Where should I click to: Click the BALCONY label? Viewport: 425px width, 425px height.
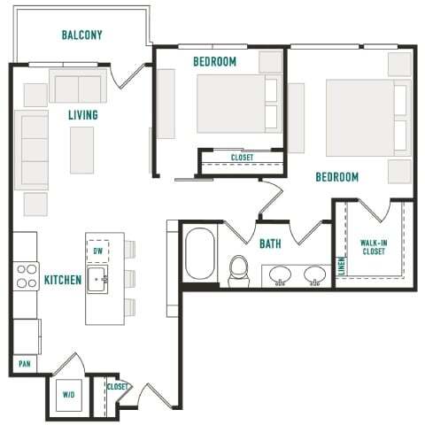pyautogui.click(x=82, y=35)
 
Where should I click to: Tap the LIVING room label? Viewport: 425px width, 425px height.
pyautogui.click(x=83, y=115)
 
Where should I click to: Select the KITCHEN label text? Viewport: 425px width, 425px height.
pyautogui.click(x=63, y=281)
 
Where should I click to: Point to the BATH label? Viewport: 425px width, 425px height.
pyautogui.click(x=271, y=243)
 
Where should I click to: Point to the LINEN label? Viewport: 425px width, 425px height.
pyautogui.click(x=342, y=266)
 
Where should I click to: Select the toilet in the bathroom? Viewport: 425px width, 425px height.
pyautogui.click(x=239, y=270)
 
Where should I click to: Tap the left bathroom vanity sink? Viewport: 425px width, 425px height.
pyautogui.click(x=281, y=275)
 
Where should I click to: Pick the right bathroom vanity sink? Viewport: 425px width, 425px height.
pyautogui.click(x=316, y=275)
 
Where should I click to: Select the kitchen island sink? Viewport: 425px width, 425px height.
pyautogui.click(x=99, y=281)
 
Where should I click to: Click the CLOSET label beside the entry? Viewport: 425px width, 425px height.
pyautogui.click(x=117, y=386)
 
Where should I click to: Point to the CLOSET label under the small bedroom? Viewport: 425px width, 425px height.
pyautogui.click(x=242, y=158)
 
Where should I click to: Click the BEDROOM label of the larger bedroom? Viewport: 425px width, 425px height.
pyautogui.click(x=337, y=177)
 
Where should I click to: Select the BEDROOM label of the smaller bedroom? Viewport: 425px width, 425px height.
pyautogui.click(x=214, y=61)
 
